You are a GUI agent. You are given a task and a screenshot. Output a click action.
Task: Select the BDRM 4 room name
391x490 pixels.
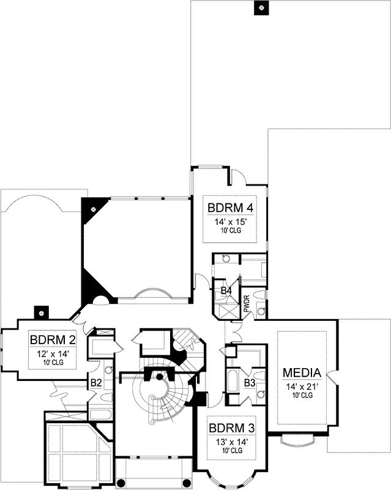point(230,207)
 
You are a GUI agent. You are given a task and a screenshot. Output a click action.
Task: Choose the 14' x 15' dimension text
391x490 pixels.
point(230,224)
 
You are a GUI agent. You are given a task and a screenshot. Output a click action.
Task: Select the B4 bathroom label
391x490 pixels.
point(226,290)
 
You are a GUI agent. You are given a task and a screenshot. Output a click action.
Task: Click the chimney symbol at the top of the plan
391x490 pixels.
point(261,8)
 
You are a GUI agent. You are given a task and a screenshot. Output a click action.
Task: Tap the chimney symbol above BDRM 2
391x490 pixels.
point(41,312)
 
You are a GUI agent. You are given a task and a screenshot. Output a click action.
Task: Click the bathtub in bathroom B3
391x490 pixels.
point(234,379)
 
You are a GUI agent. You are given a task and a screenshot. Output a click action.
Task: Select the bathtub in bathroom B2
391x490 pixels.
point(100,414)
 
